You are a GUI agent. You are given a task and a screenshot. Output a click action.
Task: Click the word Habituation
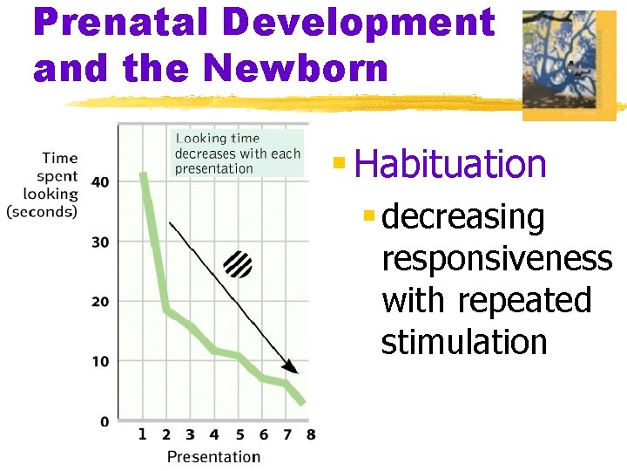point(450,164)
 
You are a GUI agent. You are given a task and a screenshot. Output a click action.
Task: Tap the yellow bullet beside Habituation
point(340,162)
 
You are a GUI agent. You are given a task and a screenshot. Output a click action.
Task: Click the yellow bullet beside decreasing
point(369,214)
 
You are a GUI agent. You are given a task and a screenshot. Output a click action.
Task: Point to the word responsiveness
point(496,259)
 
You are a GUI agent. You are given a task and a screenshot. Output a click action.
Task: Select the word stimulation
point(464,343)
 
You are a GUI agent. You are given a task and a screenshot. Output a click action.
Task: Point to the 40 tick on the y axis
point(100,181)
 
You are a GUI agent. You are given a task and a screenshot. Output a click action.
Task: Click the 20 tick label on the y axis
point(100,302)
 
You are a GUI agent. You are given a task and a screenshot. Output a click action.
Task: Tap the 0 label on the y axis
point(104,422)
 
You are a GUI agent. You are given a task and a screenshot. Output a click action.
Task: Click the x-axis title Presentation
point(213,456)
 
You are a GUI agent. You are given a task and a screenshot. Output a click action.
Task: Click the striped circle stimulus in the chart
point(238,264)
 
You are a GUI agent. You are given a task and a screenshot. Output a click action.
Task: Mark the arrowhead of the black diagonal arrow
point(291,368)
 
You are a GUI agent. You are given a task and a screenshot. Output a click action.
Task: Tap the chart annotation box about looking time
point(237,154)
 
